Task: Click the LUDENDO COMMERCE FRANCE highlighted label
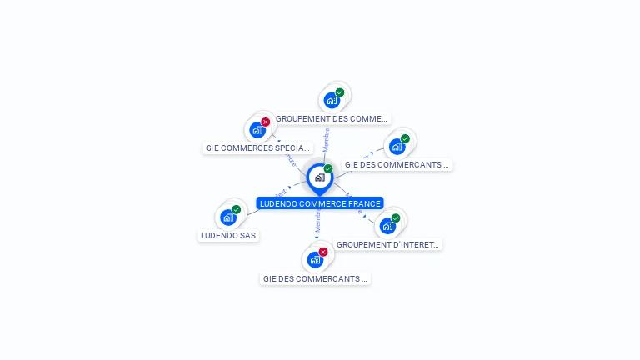(x=320, y=203)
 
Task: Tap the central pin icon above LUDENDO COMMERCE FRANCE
(x=319, y=177)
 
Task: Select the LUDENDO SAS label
(x=228, y=235)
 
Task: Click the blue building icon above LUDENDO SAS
(x=227, y=217)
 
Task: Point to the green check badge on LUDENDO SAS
(x=237, y=209)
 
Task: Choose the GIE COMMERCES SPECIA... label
(x=258, y=148)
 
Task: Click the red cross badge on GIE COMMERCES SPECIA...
(x=266, y=122)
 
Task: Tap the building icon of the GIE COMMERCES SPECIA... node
(x=257, y=130)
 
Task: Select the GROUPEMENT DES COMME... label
(x=332, y=119)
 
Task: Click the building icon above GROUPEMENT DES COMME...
(x=331, y=101)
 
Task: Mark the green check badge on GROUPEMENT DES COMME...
(x=340, y=92)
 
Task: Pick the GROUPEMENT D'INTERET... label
(x=387, y=244)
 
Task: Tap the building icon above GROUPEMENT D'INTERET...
(x=387, y=226)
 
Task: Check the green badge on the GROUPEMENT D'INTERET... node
(x=396, y=217)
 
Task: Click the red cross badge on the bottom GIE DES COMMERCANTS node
(x=323, y=252)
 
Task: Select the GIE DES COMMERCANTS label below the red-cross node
(x=315, y=279)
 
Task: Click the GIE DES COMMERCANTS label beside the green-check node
(x=397, y=165)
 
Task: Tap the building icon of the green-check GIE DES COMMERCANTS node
(x=397, y=147)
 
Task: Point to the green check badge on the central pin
(x=328, y=168)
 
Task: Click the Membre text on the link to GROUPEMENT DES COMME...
(x=327, y=138)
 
